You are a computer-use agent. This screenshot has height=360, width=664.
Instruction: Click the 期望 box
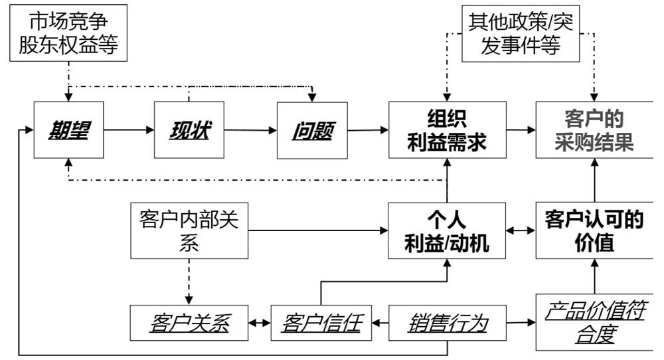tap(68, 130)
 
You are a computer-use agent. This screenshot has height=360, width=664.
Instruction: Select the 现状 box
tap(189, 130)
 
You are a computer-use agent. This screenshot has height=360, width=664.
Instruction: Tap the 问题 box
tap(312, 130)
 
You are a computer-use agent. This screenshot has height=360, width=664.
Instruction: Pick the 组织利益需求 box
tap(447, 130)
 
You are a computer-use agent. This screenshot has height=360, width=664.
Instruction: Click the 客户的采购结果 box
tap(594, 130)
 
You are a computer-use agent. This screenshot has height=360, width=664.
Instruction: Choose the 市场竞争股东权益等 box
tap(68, 33)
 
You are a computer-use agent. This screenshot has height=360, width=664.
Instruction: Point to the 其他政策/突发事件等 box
tap(521, 33)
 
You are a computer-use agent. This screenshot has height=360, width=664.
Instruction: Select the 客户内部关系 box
tap(189, 230)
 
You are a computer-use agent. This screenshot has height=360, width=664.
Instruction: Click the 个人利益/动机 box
tap(447, 230)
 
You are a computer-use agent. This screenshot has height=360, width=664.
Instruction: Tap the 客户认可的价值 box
tap(594, 230)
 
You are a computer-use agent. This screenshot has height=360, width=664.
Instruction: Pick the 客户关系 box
tap(189, 323)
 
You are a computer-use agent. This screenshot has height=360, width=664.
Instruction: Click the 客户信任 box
tap(321, 323)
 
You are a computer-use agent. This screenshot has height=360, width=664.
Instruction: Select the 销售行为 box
tap(447, 323)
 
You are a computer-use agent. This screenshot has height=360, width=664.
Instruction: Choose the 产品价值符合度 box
tap(594, 322)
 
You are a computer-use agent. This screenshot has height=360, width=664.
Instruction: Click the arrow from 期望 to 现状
tap(129, 130)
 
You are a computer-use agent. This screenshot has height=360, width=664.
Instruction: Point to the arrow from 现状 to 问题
tap(250, 130)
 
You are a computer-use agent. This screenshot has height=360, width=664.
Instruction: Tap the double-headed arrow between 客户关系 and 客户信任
tap(260, 323)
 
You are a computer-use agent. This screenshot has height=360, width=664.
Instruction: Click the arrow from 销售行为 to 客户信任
tap(380, 323)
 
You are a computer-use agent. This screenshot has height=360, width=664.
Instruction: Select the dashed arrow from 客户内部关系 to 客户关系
tap(189, 282)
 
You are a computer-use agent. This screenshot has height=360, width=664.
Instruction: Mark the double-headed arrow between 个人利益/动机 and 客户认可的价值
tap(521, 230)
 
